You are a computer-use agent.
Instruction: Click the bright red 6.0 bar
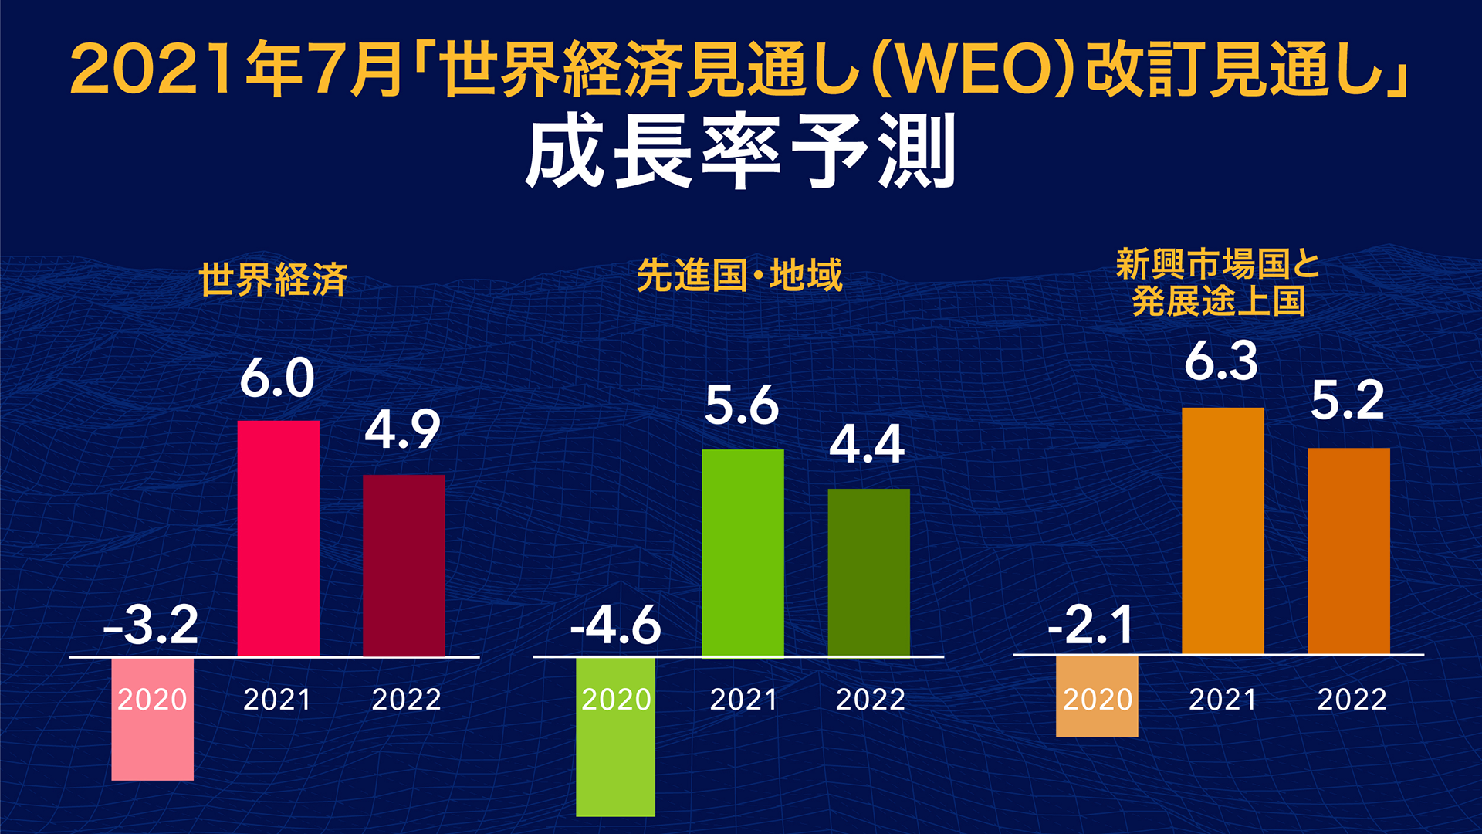click(278, 538)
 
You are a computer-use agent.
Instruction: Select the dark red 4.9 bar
click(404, 565)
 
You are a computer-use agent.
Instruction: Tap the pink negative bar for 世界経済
click(152, 741)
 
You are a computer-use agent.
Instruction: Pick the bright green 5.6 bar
click(743, 553)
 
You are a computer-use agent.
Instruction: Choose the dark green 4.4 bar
click(868, 572)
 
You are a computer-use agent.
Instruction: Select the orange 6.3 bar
click(1223, 531)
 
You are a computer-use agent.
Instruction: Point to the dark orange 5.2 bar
click(1348, 551)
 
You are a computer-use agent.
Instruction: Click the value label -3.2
click(151, 625)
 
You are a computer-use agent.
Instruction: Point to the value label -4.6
click(616, 625)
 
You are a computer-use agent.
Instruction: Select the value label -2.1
click(1091, 625)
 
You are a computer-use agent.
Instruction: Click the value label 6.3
click(1221, 361)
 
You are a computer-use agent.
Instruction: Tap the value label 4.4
click(867, 445)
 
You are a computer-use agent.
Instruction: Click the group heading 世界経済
click(273, 279)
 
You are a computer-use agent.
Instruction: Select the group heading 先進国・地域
click(739, 276)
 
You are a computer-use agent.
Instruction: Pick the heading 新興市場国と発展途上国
click(1218, 283)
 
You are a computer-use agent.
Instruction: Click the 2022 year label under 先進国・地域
click(870, 700)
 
